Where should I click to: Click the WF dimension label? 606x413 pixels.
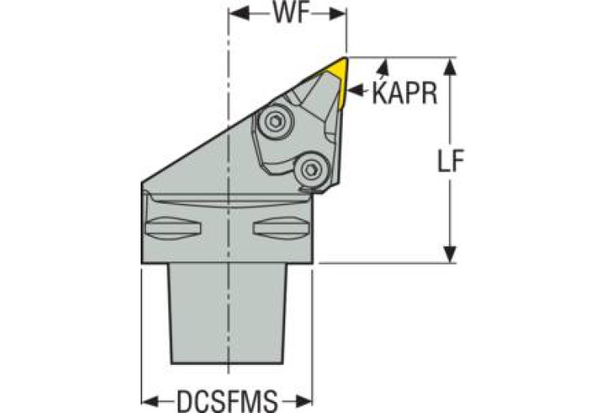click(288, 15)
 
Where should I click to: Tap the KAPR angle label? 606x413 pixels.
click(405, 92)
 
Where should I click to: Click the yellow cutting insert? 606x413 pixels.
click(337, 79)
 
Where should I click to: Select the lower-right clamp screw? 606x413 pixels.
click(311, 168)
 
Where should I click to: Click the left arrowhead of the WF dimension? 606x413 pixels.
click(235, 15)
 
